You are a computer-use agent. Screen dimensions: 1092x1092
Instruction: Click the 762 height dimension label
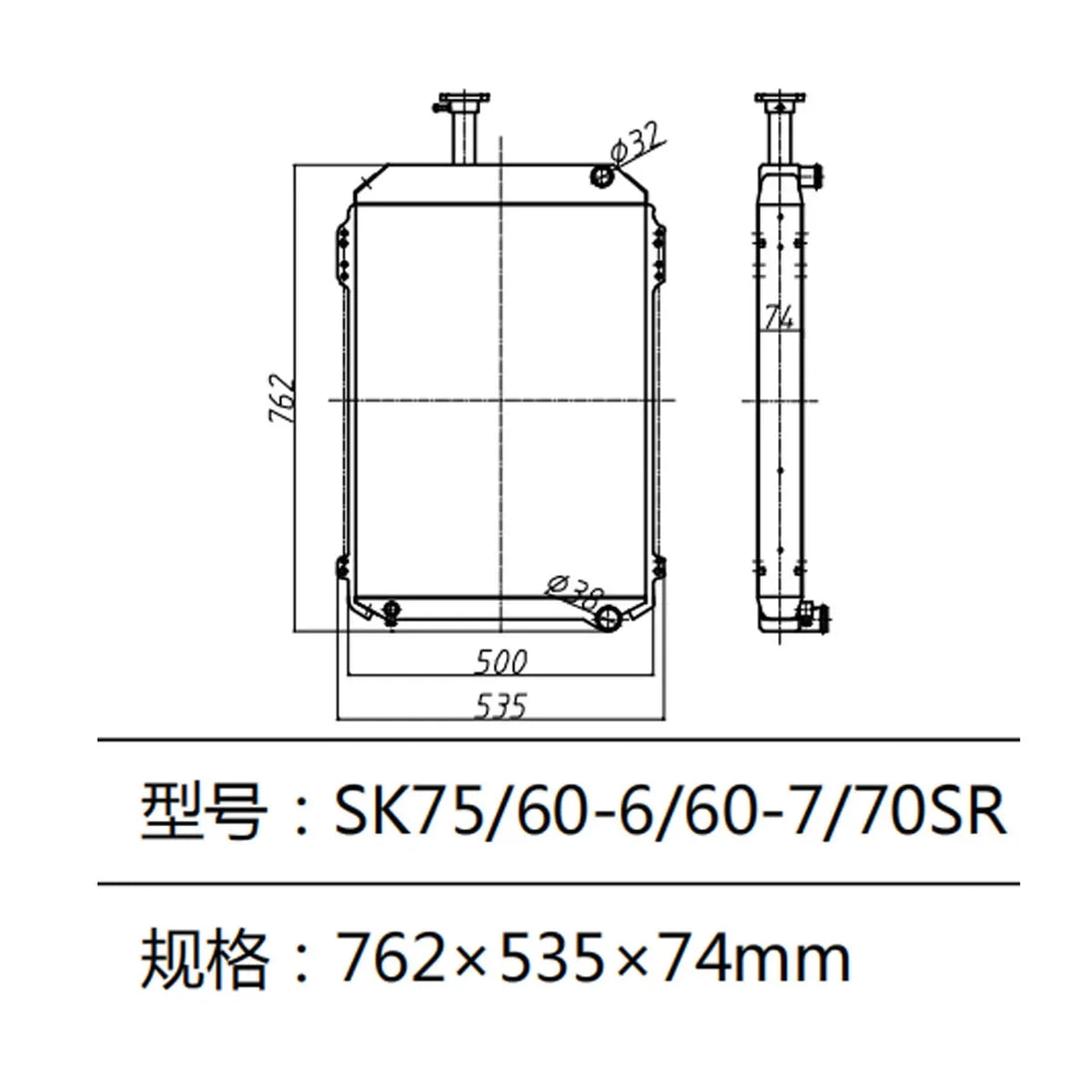coord(282,399)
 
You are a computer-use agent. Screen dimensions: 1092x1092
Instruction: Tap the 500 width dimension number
coord(500,662)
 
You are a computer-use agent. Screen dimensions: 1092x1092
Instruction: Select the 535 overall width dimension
coord(500,705)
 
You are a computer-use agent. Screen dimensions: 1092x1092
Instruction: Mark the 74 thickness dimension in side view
coord(778,317)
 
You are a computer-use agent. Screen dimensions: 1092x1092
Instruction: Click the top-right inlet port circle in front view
coord(603,177)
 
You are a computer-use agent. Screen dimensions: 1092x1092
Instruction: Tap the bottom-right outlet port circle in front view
coord(607,619)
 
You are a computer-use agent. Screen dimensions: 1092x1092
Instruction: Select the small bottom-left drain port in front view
coord(391,610)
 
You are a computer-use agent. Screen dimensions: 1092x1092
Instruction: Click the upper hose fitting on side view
coord(813,176)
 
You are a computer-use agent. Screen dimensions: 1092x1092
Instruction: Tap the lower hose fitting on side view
coord(817,617)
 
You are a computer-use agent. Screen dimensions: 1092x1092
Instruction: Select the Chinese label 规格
coord(205,957)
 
